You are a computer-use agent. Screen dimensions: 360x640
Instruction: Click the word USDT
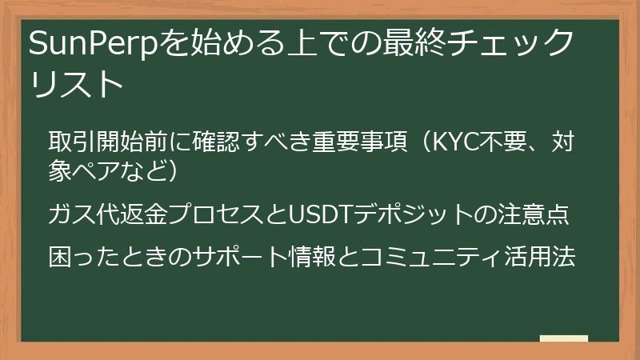(x=323, y=214)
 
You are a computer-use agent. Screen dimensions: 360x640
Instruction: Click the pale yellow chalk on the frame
(x=564, y=338)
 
